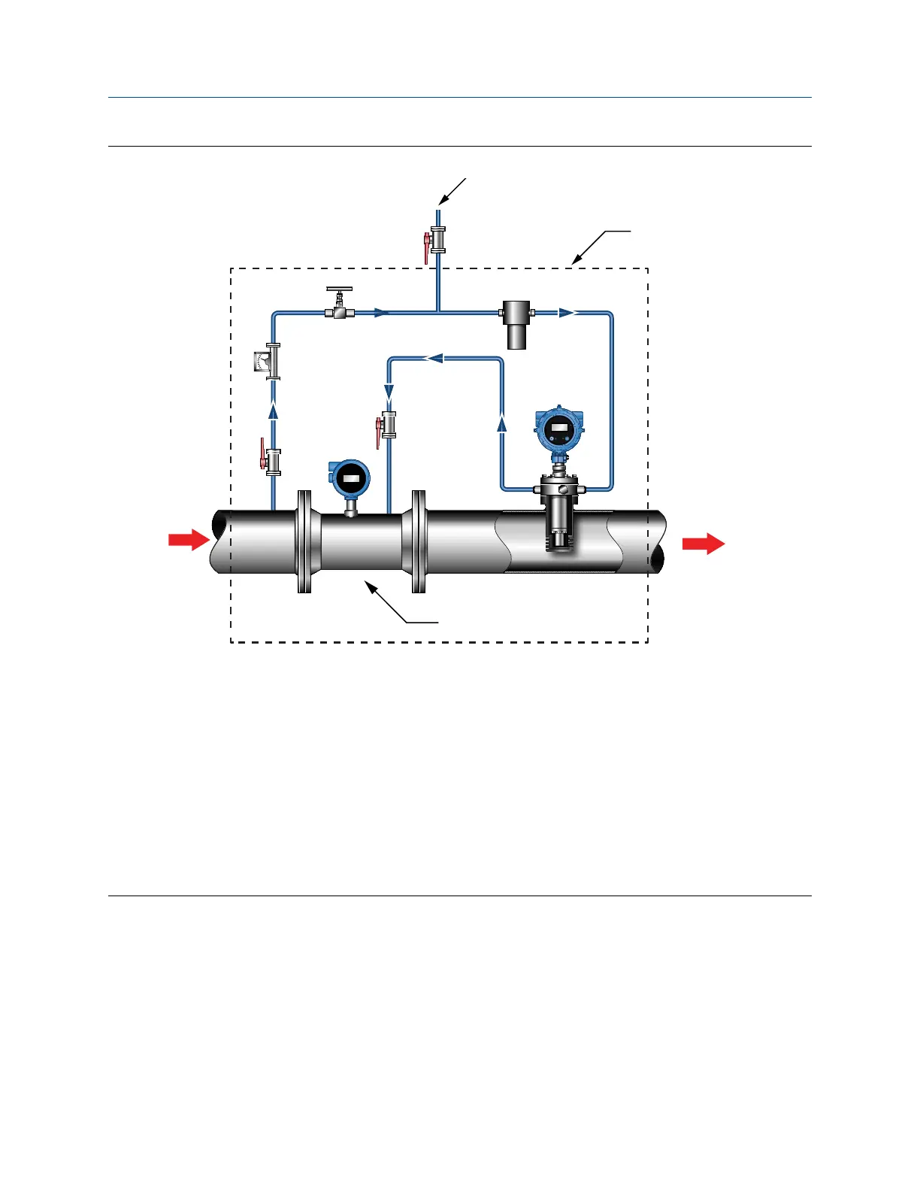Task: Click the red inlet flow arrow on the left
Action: pos(188,539)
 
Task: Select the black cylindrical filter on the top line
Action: pos(516,323)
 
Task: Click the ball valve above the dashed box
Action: pos(436,241)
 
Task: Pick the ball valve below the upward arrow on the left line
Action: pos(272,462)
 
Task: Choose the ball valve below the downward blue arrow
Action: pos(387,426)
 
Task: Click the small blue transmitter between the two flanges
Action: pos(350,479)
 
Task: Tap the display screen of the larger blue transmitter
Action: pos(559,429)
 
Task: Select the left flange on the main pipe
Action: pos(304,541)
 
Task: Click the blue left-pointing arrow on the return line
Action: pos(434,359)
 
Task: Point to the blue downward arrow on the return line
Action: pos(389,392)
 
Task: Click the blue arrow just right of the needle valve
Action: pos(382,313)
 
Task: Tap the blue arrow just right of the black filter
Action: pos(567,313)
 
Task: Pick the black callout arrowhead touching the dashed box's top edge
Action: pos(575,261)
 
